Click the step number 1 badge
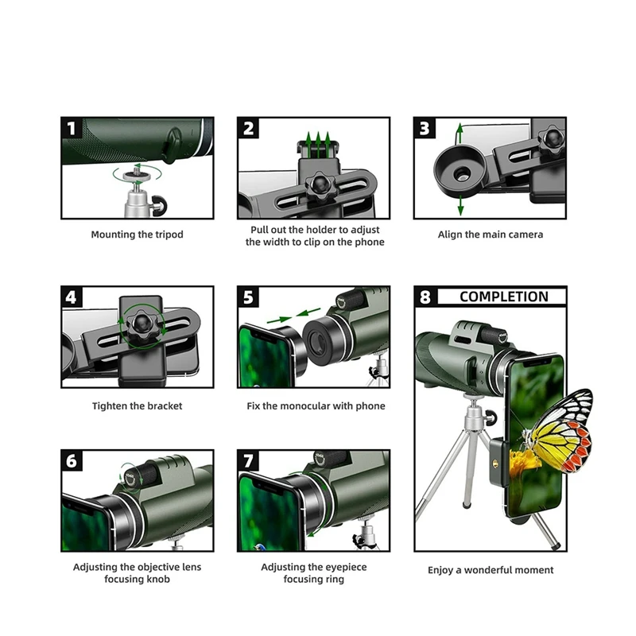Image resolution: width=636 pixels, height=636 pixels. click(72, 128)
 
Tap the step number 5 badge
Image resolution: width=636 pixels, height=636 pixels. click(248, 297)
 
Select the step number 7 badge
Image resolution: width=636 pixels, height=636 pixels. click(248, 461)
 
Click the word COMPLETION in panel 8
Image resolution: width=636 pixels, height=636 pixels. click(504, 297)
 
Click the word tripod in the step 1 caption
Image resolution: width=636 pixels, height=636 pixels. click(169, 235)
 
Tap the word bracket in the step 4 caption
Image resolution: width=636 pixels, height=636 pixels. click(165, 406)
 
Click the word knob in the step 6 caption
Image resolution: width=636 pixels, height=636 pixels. click(158, 579)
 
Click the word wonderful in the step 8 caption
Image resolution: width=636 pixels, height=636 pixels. click(484, 570)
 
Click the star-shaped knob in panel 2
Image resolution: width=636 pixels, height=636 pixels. click(319, 185)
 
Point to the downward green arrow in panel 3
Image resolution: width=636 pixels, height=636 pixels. click(460, 205)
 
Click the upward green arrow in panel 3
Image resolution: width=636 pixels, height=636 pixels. click(460, 134)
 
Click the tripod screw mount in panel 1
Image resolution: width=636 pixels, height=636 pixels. click(137, 175)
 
